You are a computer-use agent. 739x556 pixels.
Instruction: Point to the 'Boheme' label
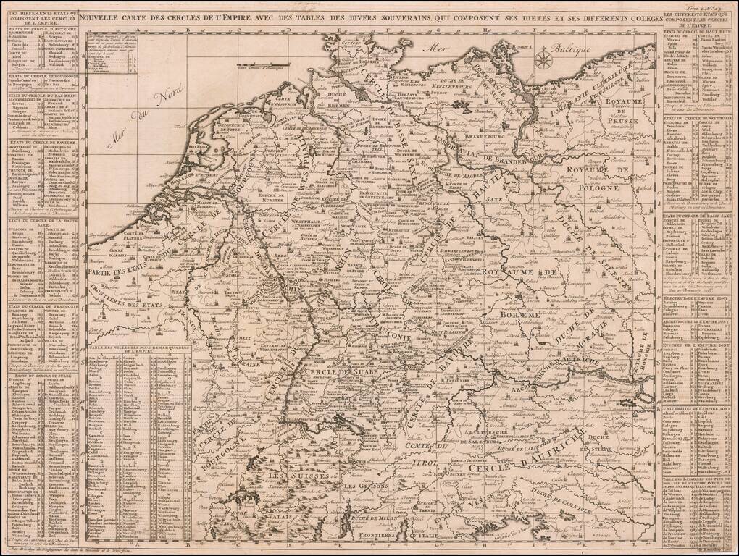point(520,316)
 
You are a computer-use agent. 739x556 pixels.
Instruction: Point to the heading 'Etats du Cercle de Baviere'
point(41,143)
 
